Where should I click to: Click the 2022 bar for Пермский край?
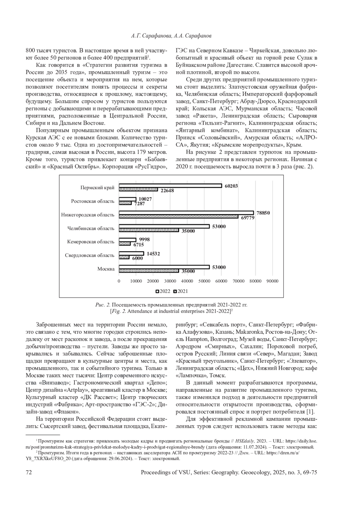click(x=170, y=186)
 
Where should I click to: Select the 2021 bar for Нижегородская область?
click(x=178, y=216)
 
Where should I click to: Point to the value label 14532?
click(x=153, y=254)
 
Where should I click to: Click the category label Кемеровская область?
click(x=91, y=242)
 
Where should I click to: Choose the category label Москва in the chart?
click(x=106, y=269)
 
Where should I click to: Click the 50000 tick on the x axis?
click(x=204, y=281)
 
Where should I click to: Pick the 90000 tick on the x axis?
click(x=273, y=281)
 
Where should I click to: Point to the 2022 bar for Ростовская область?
click(x=127, y=199)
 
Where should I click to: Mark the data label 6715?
click(x=139, y=245)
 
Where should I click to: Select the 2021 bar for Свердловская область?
click(x=124, y=257)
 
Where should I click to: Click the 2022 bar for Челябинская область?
click(x=164, y=226)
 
